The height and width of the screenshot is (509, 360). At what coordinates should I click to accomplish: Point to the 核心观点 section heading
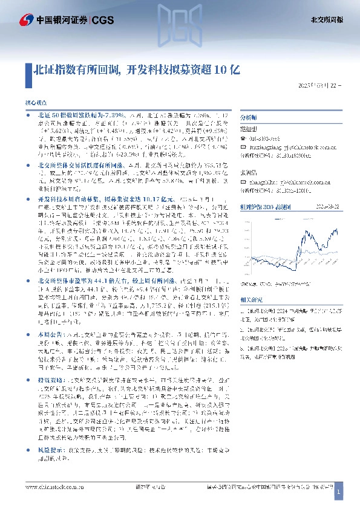coord(34,104)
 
